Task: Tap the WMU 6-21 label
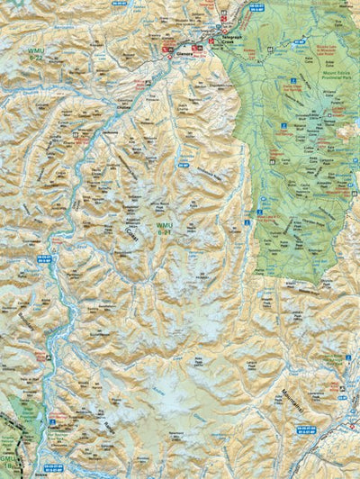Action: click(165, 229)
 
